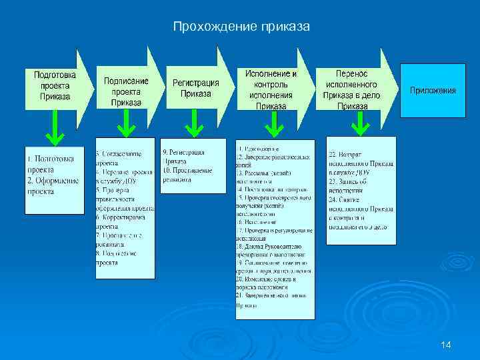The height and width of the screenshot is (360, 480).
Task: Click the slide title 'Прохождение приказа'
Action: (x=241, y=27)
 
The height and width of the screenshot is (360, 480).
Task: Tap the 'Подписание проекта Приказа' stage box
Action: (x=126, y=91)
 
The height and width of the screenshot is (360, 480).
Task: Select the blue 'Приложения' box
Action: (x=433, y=90)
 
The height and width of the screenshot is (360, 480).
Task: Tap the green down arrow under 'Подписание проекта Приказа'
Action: (x=125, y=122)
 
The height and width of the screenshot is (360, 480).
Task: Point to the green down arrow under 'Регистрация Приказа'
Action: (x=194, y=122)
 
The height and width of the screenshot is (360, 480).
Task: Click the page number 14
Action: (x=446, y=345)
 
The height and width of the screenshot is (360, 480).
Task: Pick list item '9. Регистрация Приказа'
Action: (x=184, y=157)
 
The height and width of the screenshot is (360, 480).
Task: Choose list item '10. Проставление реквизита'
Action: (x=187, y=175)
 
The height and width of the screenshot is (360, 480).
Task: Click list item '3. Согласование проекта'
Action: (x=120, y=159)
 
